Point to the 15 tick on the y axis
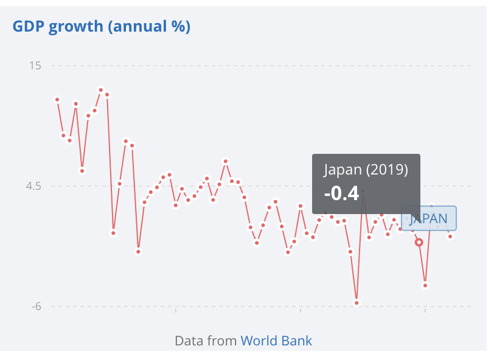point(35,66)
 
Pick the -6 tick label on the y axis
point(36,306)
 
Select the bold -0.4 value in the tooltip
point(341,193)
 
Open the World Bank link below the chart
point(276,341)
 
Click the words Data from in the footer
point(206,341)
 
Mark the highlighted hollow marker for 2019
point(419,242)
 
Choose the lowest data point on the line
point(357,303)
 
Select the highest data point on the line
point(101,90)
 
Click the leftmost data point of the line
point(57,99)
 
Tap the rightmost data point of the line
point(450,237)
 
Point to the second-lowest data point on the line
point(425,285)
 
